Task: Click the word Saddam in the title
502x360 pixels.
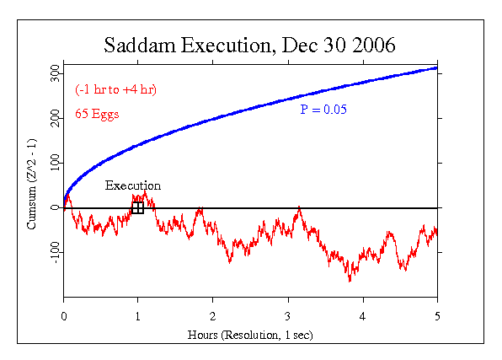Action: pyautogui.click(x=140, y=45)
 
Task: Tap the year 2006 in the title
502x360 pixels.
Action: pyautogui.click(x=374, y=45)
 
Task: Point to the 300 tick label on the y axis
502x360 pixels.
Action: pyautogui.click(x=55, y=73)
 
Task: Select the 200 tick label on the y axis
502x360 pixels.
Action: pyautogui.click(x=55, y=118)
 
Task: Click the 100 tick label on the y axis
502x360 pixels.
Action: pyautogui.click(x=55, y=163)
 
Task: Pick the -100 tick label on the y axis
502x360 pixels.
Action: pyautogui.click(x=55, y=253)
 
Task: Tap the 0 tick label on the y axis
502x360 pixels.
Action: pyautogui.click(x=55, y=207)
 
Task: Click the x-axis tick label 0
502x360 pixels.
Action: pyautogui.click(x=64, y=316)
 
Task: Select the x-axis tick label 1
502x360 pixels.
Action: pyautogui.click(x=137, y=316)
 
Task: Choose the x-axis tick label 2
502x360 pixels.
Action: pyautogui.click(x=212, y=316)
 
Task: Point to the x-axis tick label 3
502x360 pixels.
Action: pyautogui.click(x=288, y=316)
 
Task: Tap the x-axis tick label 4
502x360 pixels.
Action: pyautogui.click(x=362, y=316)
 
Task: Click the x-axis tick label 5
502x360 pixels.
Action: pyautogui.click(x=437, y=316)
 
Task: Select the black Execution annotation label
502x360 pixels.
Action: pyautogui.click(x=133, y=185)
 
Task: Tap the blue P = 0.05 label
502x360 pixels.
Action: pyautogui.click(x=323, y=110)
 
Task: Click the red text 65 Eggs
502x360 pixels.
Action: pyautogui.click(x=97, y=114)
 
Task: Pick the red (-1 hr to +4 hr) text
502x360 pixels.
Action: pyautogui.click(x=116, y=89)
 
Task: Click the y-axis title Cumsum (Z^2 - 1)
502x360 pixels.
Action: pyautogui.click(x=32, y=184)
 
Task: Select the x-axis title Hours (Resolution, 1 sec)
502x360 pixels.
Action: pyautogui.click(x=250, y=335)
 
